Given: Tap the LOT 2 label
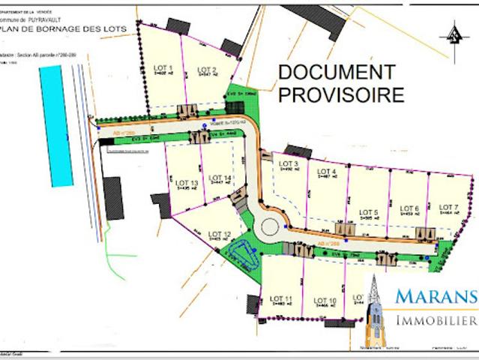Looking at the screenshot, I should [207, 70].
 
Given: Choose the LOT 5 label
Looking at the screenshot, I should [369, 212].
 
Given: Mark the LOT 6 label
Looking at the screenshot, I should [409, 208].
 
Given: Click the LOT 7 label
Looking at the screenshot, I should [448, 207].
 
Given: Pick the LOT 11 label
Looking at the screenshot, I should [283, 300].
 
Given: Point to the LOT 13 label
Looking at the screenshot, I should [187, 182].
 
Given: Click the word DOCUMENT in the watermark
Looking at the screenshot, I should [337, 72].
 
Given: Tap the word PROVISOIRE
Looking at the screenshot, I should [341, 95].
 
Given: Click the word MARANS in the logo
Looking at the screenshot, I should [436, 296].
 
